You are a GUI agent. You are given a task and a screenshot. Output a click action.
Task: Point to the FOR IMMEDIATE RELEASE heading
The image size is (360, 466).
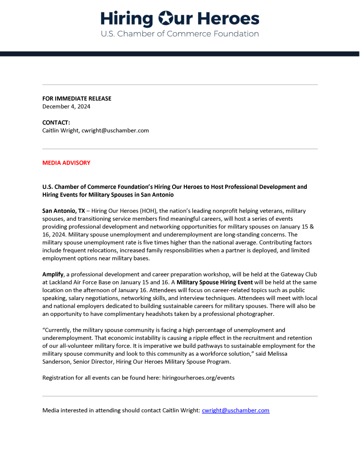(76, 98)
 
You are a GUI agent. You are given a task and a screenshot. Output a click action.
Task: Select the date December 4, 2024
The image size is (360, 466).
(66, 106)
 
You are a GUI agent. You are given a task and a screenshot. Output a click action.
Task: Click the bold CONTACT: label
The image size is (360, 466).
(56, 122)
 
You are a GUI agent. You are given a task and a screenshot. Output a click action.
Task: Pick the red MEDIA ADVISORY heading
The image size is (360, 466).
(66, 162)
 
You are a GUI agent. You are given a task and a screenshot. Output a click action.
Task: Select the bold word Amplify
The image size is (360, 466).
(53, 274)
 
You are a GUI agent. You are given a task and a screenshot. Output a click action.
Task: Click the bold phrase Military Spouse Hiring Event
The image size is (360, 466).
(214, 282)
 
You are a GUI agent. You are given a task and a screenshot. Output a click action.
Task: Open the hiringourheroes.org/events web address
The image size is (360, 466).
(198, 378)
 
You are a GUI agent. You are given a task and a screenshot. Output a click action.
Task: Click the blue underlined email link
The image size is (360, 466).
(235, 410)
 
